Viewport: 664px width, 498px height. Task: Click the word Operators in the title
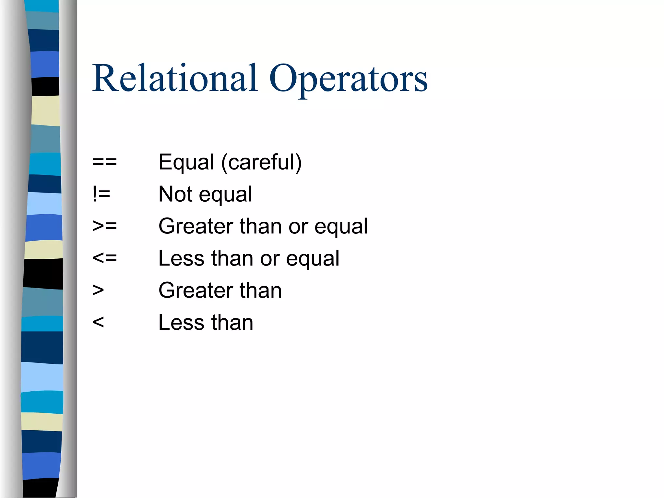click(348, 79)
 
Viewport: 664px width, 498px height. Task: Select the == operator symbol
click(104, 161)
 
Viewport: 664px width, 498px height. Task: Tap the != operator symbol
click(101, 194)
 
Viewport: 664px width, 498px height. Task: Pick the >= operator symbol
click(104, 226)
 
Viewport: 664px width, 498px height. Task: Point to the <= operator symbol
click(104, 258)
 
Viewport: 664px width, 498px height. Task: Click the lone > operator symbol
click(98, 290)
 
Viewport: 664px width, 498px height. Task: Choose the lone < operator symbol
click(98, 322)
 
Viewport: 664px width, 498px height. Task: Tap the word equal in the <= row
click(313, 259)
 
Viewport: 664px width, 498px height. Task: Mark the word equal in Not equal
click(225, 195)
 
